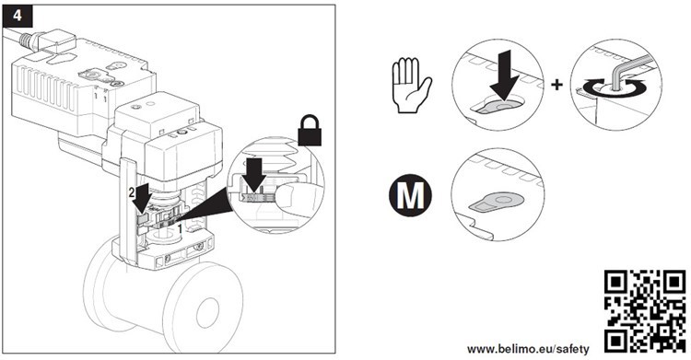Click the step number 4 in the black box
[18, 16]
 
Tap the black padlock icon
[310, 130]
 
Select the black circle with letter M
[410, 195]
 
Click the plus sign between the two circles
[557, 85]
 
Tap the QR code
[645, 310]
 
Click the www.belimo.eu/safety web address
[528, 350]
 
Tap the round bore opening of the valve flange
[207, 311]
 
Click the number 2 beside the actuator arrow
[131, 192]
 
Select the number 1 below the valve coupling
[180, 227]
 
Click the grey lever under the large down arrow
[498, 107]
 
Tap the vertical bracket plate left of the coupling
[128, 212]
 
